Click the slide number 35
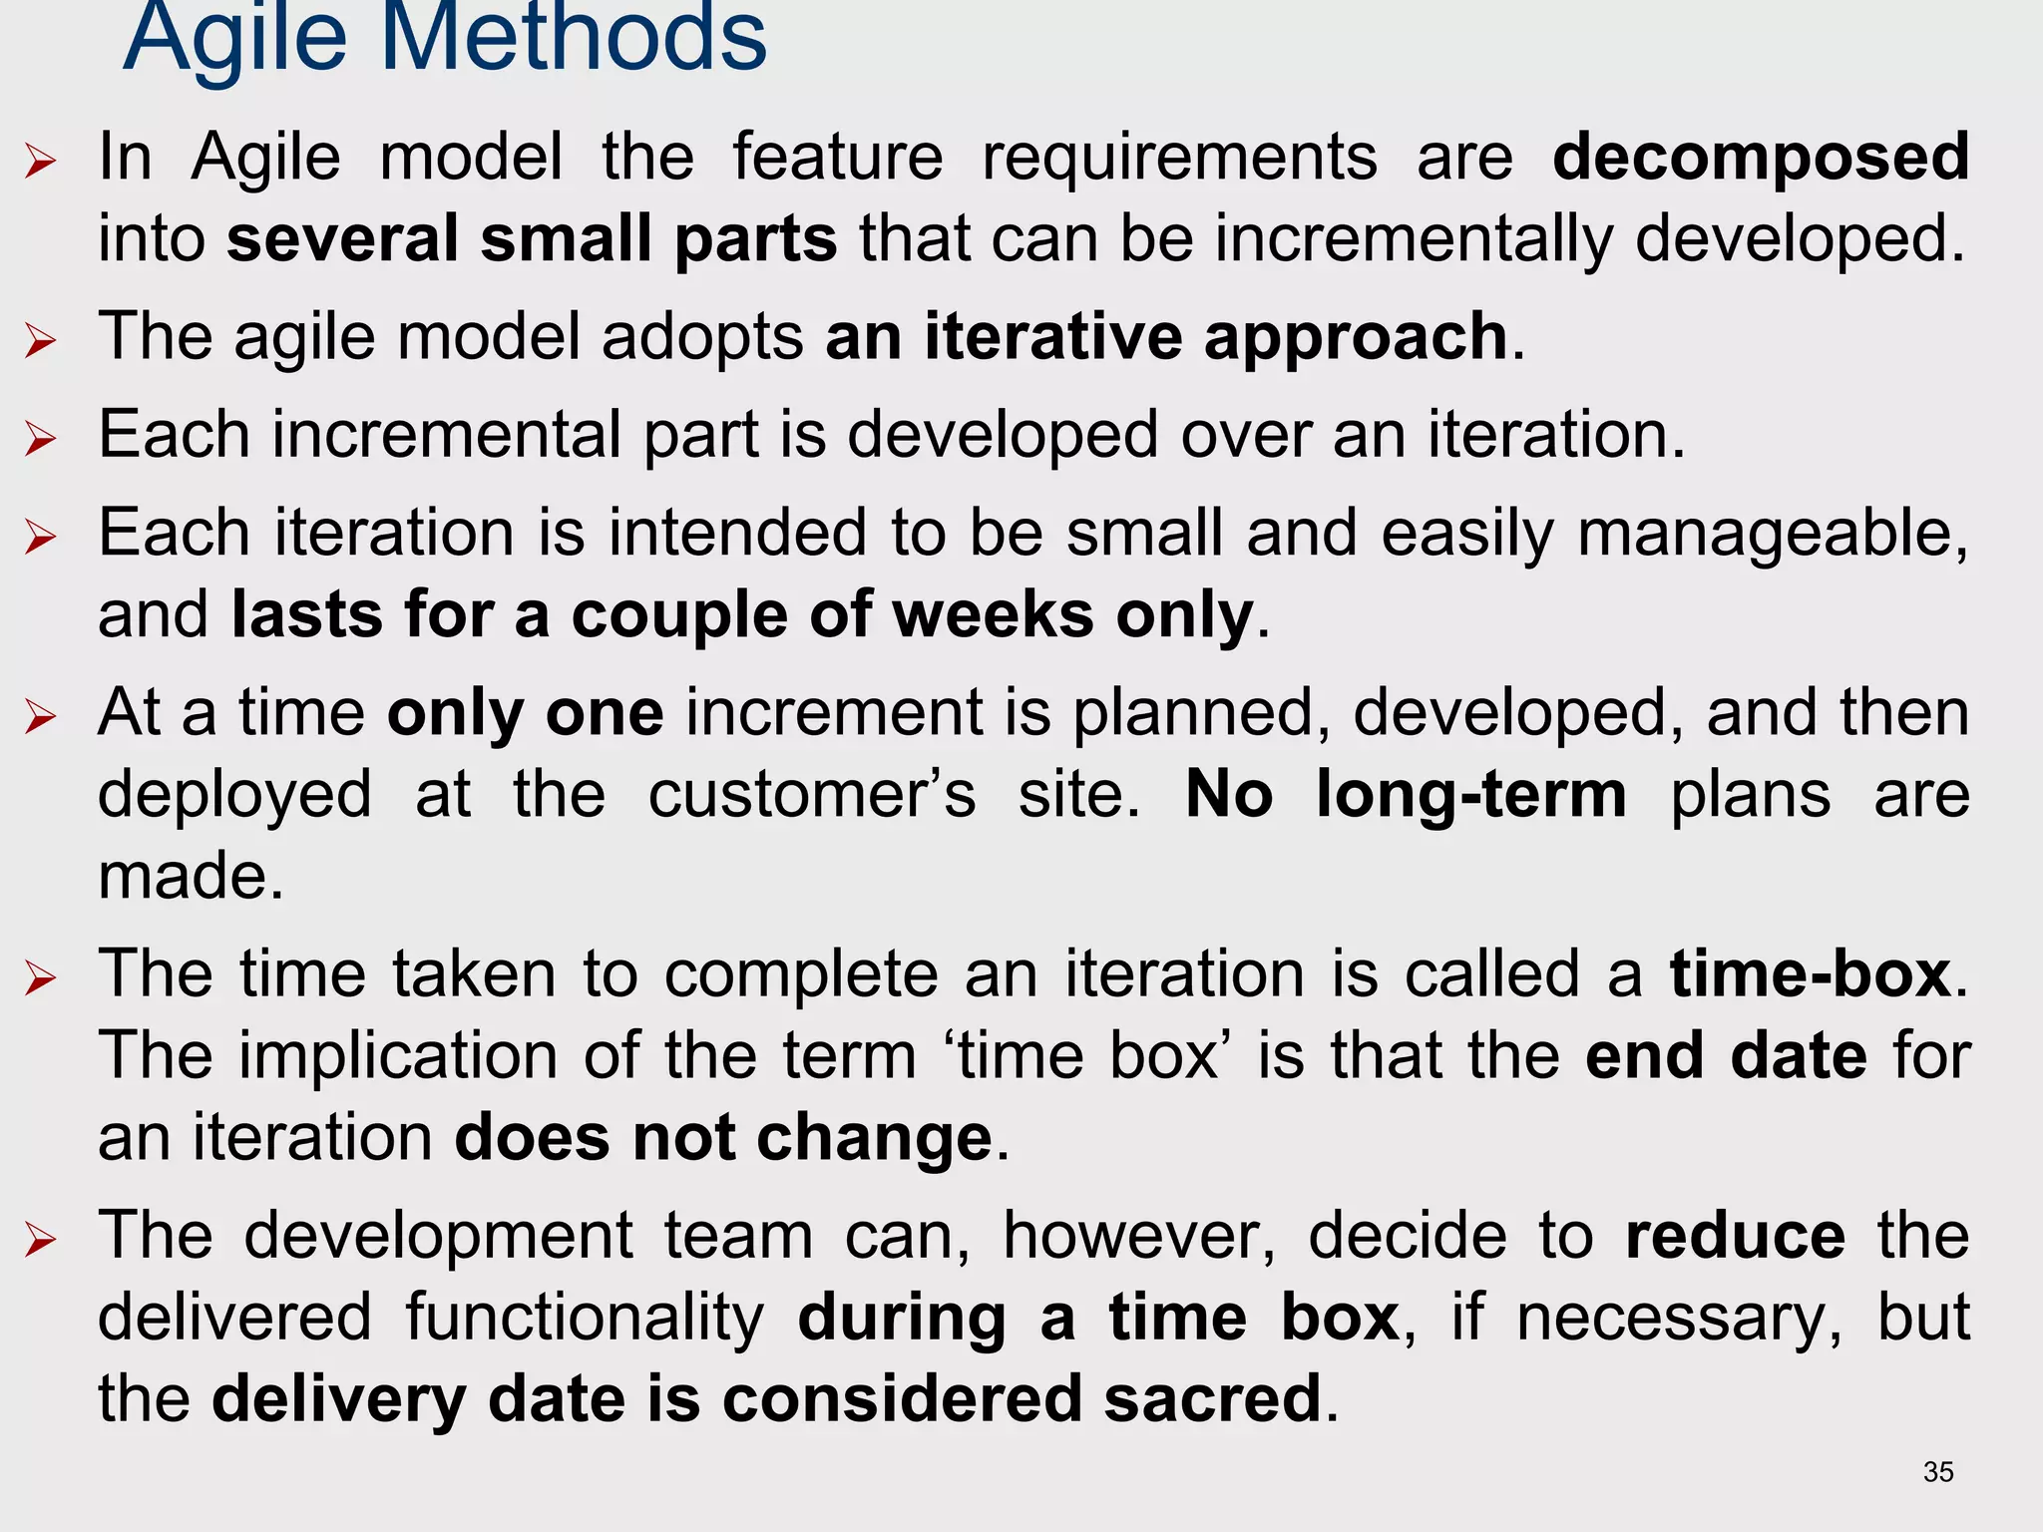[x=1938, y=1472]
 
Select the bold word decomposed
[x=1761, y=157]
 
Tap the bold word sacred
[x=1212, y=1397]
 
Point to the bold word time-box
[x=1811, y=973]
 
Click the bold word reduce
[x=1735, y=1236]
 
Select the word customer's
[x=812, y=795]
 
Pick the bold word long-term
[x=1471, y=795]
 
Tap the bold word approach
[x=1356, y=336]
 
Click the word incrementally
[x=1413, y=239]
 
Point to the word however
[x=1138, y=1236]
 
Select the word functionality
[x=585, y=1318]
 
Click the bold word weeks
[x=993, y=614]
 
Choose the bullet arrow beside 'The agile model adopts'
[x=41, y=341]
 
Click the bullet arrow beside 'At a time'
[x=41, y=716]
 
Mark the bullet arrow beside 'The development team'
[x=41, y=1240]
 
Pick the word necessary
[x=1679, y=1318]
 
